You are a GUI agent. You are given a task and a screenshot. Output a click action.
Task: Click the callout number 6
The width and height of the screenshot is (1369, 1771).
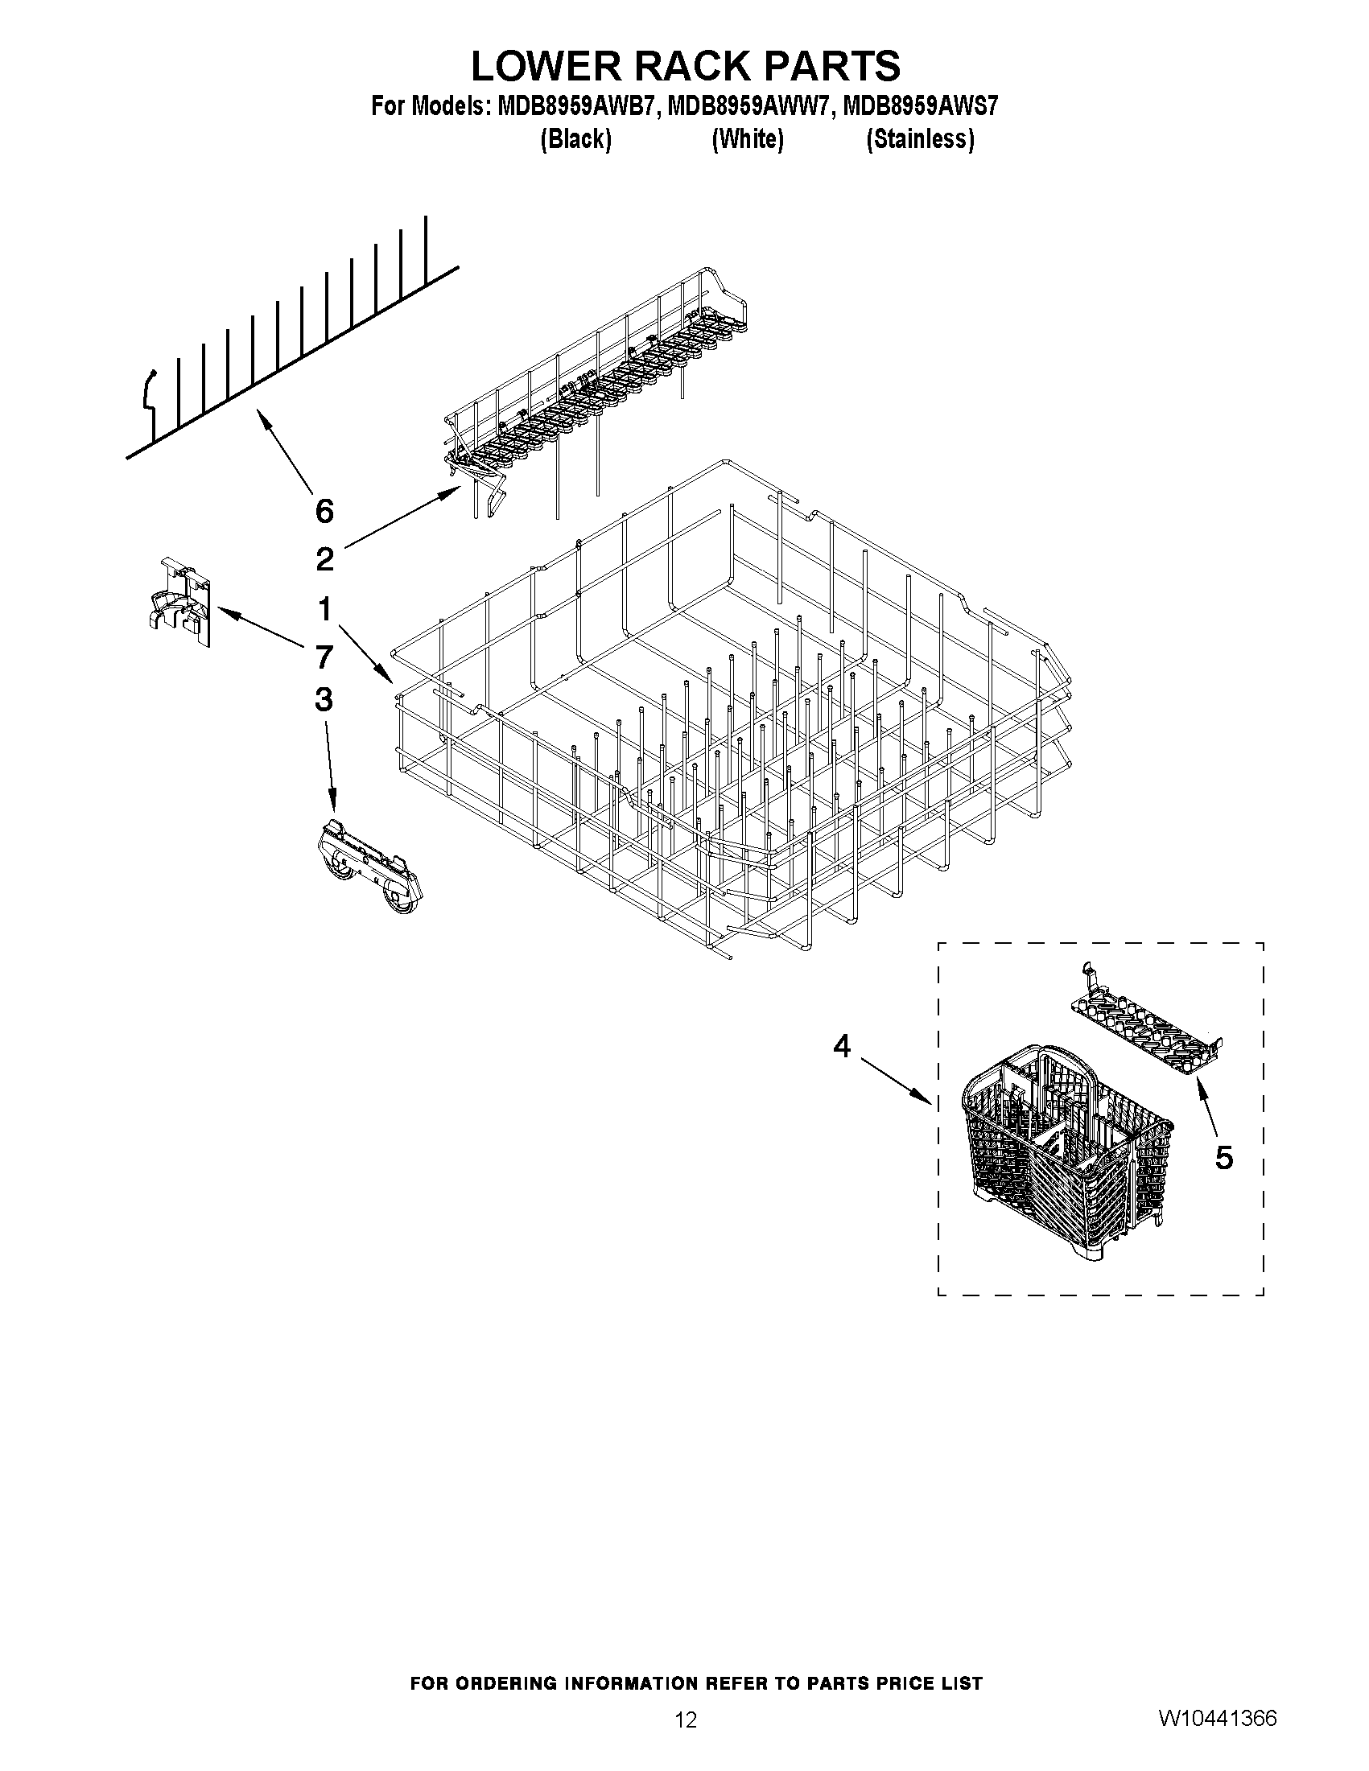(324, 512)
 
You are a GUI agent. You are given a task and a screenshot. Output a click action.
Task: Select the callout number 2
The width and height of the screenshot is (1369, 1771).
(324, 559)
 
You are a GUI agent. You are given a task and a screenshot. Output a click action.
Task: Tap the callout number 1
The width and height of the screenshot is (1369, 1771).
(324, 608)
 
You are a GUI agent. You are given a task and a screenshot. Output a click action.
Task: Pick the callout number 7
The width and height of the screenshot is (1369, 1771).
(324, 657)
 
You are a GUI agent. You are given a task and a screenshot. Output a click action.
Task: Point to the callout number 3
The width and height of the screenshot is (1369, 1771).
(324, 699)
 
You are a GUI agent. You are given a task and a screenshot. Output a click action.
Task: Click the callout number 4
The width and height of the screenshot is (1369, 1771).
(843, 1047)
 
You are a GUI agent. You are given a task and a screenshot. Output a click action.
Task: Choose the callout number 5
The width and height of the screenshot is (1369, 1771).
(1224, 1158)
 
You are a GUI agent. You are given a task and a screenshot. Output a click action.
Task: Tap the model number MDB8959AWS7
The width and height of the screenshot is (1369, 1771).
(921, 106)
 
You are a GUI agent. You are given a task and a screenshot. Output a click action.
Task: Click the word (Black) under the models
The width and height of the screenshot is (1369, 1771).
(575, 139)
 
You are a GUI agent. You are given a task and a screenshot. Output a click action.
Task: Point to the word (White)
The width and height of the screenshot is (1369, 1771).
(747, 139)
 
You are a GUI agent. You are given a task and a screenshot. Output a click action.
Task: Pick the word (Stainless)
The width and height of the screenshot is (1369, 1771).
(920, 139)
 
